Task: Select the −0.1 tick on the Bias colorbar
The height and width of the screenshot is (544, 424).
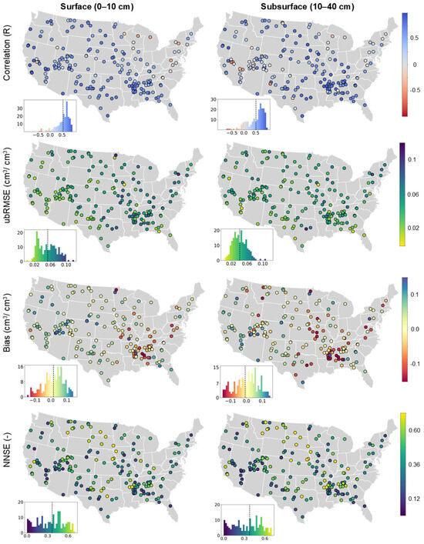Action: click(x=412, y=362)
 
